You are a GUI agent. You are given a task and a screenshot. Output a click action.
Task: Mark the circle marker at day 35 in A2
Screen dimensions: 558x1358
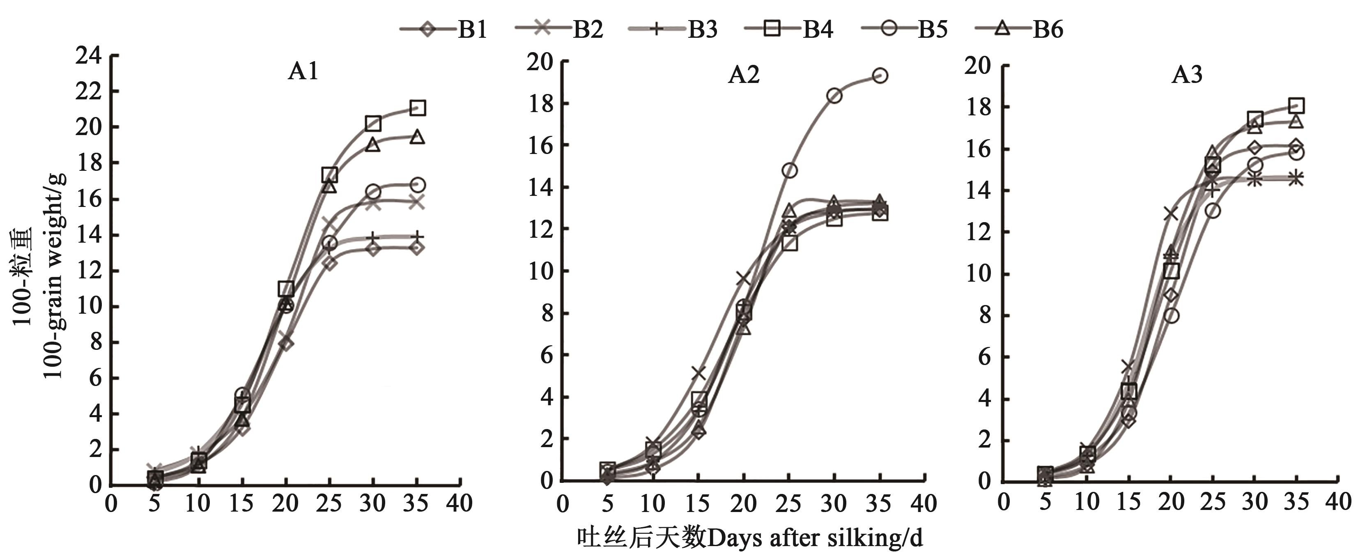point(879,76)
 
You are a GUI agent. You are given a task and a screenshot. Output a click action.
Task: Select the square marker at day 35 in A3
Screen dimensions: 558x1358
point(1296,106)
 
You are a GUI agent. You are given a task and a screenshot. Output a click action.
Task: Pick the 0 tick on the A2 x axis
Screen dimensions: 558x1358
point(563,504)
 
